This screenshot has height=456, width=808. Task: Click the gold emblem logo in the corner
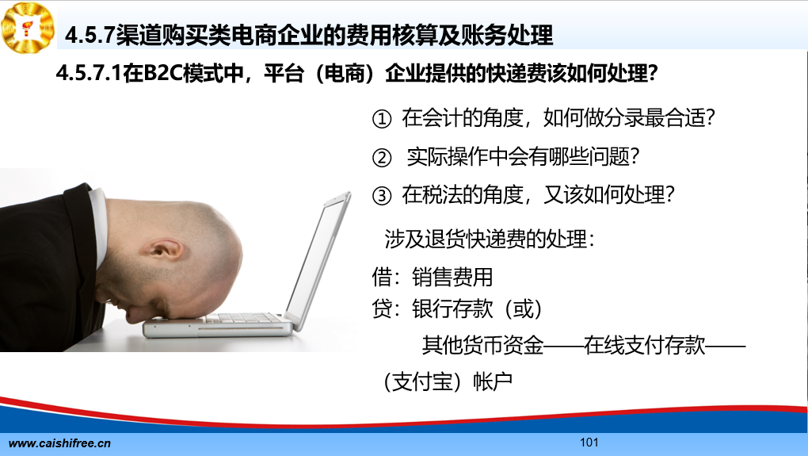pyautogui.click(x=28, y=27)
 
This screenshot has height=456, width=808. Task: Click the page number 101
pyautogui.click(x=589, y=442)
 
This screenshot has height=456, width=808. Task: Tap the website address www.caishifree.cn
pyautogui.click(x=59, y=443)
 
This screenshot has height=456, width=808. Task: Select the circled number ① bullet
pyautogui.click(x=381, y=119)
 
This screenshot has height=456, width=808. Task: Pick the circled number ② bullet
pyautogui.click(x=381, y=157)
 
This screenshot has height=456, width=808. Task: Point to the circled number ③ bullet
pyautogui.click(x=381, y=196)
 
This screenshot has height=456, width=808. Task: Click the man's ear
pyautogui.click(x=164, y=251)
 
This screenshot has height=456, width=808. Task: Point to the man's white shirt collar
pyautogui.click(x=98, y=223)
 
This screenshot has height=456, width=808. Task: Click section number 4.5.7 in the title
pyautogui.click(x=90, y=35)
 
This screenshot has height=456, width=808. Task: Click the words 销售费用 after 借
pyautogui.click(x=452, y=277)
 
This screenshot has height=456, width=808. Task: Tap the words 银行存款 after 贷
pyautogui.click(x=452, y=309)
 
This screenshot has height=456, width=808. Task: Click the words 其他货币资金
pyautogui.click(x=483, y=345)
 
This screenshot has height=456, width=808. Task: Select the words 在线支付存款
pyautogui.click(x=644, y=345)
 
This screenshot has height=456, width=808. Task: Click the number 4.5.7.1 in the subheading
pyautogui.click(x=89, y=73)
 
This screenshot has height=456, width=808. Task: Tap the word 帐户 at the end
pyautogui.click(x=493, y=381)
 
